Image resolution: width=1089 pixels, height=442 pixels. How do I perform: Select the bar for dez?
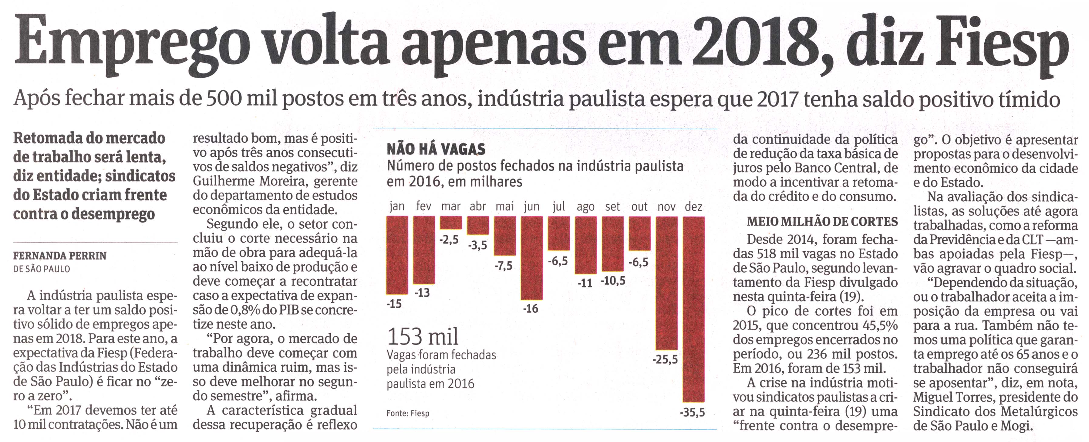(x=694, y=309)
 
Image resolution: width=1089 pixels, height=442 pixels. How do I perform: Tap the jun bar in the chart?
(x=531, y=258)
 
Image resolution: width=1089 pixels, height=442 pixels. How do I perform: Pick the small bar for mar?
(x=451, y=223)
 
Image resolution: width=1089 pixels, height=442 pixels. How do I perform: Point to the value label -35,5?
(x=693, y=412)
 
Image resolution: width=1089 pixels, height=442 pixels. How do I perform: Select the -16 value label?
(x=530, y=309)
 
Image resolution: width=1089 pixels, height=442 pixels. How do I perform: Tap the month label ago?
(x=585, y=207)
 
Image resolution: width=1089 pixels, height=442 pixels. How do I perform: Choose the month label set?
(x=612, y=207)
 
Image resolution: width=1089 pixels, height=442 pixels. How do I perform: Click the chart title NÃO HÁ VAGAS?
(x=436, y=149)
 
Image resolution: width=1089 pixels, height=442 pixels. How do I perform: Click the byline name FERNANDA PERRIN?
(x=60, y=256)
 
